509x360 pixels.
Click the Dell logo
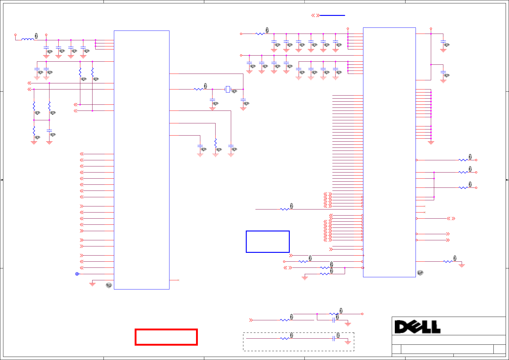pyautogui.click(x=417, y=327)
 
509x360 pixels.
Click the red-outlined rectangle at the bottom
pyautogui.click(x=166, y=337)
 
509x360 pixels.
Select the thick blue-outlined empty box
pyautogui.click(x=267, y=242)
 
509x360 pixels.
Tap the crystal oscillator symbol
pyautogui.click(x=227, y=89)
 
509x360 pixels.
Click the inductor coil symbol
pyautogui.click(x=28, y=39)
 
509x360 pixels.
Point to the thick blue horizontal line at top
pyautogui.click(x=332, y=15)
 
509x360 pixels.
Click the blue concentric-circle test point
pyautogui.click(x=77, y=274)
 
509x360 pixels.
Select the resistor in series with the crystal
pyautogui.click(x=198, y=89)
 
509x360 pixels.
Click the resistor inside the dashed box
pyautogui.click(x=285, y=338)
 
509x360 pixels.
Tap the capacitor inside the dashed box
pyautogui.click(x=334, y=338)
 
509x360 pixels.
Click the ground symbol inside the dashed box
pyautogui.click(x=348, y=342)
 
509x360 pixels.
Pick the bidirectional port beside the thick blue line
pyautogui.click(x=315, y=15)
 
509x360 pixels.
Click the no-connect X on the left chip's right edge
pyautogui.click(x=178, y=280)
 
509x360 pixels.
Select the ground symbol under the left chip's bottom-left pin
pyautogui.click(x=92, y=284)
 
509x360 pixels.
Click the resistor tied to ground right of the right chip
pyautogui.click(x=448, y=261)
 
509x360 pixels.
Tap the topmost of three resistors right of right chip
pyautogui.click(x=463, y=160)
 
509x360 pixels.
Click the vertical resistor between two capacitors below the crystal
pyautogui.click(x=216, y=143)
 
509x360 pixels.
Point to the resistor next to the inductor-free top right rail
pyautogui.click(x=260, y=34)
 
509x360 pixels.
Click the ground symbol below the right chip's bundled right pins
pyautogui.click(x=431, y=142)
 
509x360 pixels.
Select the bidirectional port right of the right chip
pyautogui.click(x=451, y=219)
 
